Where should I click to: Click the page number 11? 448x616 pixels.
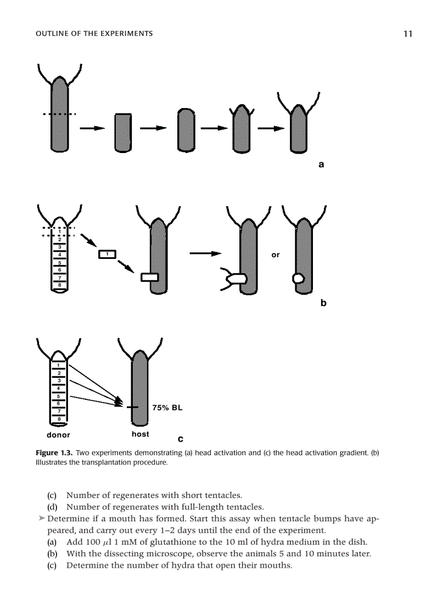(407, 33)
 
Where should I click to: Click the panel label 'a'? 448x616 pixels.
(321, 163)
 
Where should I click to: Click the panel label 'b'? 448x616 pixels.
(323, 302)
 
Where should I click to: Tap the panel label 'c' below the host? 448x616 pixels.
(181, 439)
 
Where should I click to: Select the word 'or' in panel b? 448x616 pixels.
(276, 255)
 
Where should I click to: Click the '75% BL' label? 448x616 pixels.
(167, 408)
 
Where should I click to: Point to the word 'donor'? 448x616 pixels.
(58, 435)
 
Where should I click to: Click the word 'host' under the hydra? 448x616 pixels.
(140, 434)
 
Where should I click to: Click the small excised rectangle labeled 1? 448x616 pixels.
(108, 254)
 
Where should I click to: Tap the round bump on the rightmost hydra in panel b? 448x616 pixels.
(298, 278)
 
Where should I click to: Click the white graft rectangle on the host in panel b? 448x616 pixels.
(149, 278)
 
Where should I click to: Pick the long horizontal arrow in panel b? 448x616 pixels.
(205, 253)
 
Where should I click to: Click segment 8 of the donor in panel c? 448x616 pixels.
(58, 418)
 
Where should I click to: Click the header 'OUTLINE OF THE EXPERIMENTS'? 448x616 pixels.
(94, 34)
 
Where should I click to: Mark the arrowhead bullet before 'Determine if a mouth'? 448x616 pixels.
(42, 518)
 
